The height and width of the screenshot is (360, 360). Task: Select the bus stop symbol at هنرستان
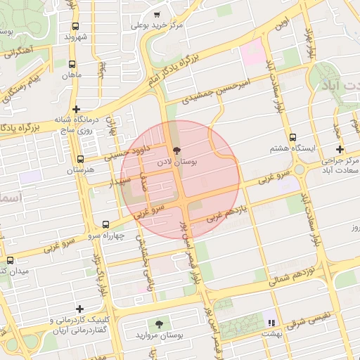[81, 160]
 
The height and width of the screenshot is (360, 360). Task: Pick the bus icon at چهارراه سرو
[105, 225]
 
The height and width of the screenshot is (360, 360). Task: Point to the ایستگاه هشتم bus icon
[292, 138]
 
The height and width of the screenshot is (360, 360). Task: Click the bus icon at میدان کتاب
[10, 259]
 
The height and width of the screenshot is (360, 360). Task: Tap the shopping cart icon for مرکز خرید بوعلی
[157, 14]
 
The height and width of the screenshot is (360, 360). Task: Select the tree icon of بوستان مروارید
[160, 323]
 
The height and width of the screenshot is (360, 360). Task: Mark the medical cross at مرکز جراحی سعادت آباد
[340, 149]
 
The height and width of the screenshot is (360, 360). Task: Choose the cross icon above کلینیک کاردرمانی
[79, 309]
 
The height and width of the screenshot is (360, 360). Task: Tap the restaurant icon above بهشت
[271, 323]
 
